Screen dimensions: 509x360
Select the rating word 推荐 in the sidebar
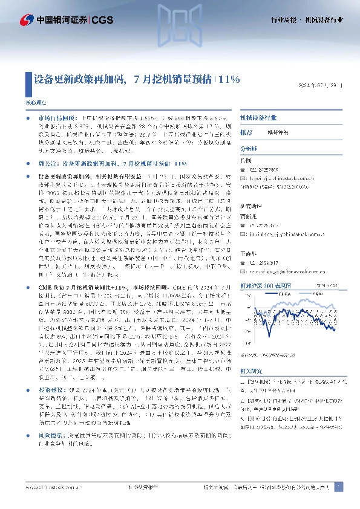[246, 132]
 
